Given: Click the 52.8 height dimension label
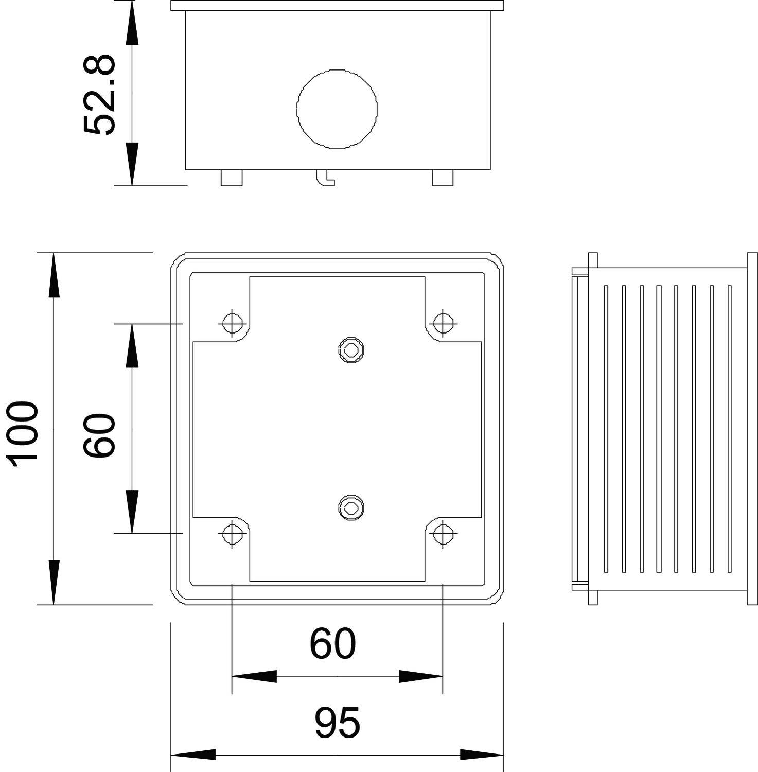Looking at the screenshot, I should [x=99, y=95].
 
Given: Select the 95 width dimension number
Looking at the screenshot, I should [x=337, y=723].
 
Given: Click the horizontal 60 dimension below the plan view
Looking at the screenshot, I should [x=332, y=644].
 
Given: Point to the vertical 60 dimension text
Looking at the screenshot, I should [x=99, y=435].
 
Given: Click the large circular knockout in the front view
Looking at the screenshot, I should [x=337, y=109].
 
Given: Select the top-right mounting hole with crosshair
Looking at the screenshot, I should [x=443, y=323].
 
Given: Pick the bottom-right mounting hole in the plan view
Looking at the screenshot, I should [x=443, y=534].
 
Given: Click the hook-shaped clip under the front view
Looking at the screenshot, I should [x=325, y=178].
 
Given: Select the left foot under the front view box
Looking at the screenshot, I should [x=232, y=178].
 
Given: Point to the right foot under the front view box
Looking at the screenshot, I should [x=443, y=178].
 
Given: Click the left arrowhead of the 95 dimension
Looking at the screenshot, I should [x=192, y=755].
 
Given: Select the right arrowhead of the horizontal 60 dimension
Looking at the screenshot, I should [x=421, y=676].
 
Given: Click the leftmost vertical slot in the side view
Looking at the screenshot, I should [x=606, y=428].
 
